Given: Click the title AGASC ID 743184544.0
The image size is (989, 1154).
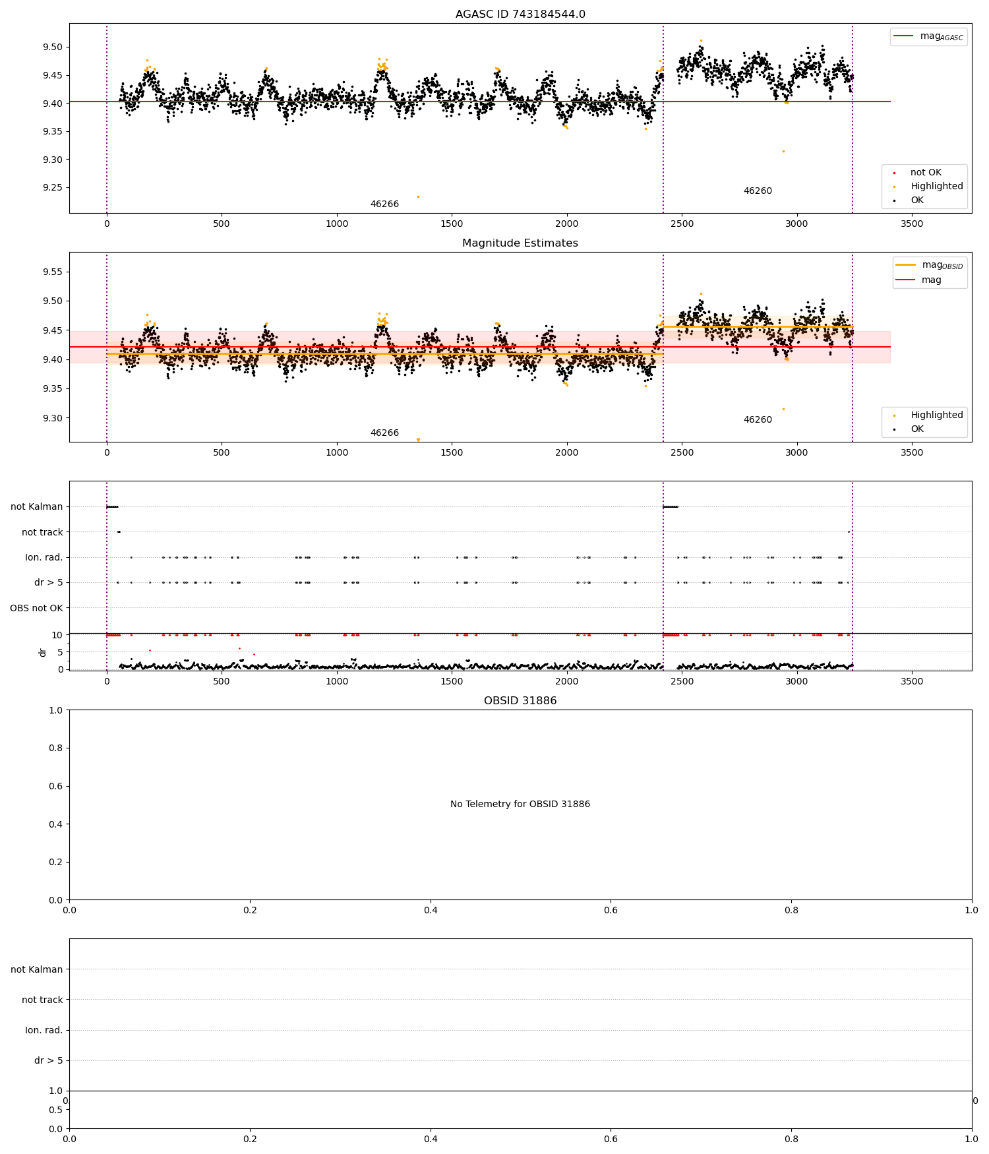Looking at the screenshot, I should pyautogui.click(x=520, y=15).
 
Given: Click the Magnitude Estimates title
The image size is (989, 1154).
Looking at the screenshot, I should pyautogui.click(x=520, y=243).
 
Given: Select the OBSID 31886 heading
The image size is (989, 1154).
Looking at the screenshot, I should pyautogui.click(x=520, y=701).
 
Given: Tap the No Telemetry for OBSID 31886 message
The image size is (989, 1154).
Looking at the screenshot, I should pyautogui.click(x=520, y=805).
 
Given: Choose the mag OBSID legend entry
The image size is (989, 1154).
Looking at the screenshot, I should pyautogui.click(x=930, y=265).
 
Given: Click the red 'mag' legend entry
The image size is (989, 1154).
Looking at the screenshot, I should pyautogui.click(x=930, y=280).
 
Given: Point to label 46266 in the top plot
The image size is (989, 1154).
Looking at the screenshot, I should pyautogui.click(x=384, y=204).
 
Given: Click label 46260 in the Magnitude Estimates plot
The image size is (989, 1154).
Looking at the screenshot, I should pyautogui.click(x=758, y=420).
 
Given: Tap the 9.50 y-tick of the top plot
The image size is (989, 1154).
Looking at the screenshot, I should pyautogui.click(x=53, y=47).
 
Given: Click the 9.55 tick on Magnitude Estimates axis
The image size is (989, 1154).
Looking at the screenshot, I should pyautogui.click(x=53, y=272).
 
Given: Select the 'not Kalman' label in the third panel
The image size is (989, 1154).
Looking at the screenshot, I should pyautogui.click(x=37, y=507).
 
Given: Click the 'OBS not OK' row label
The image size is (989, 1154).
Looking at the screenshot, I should pyautogui.click(x=36, y=608).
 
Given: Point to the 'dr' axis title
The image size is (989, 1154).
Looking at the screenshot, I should pyautogui.click(x=43, y=652).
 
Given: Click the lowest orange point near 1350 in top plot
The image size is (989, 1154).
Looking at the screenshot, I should pyautogui.click(x=418, y=197).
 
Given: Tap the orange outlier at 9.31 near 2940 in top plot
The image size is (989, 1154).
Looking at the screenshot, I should pyautogui.click(x=783, y=151).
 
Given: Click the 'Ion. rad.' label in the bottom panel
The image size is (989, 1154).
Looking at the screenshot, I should pyautogui.click(x=44, y=1030).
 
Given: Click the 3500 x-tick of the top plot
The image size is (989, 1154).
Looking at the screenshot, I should pyautogui.click(x=912, y=224).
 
